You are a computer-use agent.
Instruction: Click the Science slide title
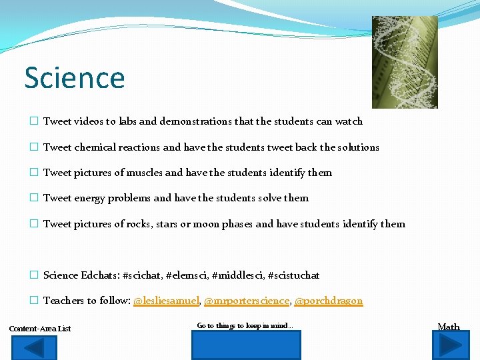(x=75, y=77)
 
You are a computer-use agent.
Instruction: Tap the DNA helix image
(x=404, y=62)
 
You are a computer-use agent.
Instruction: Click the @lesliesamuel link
(x=166, y=301)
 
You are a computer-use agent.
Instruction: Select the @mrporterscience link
(x=246, y=301)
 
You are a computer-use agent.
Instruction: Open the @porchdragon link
(x=329, y=301)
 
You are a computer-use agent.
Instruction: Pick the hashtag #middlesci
(x=234, y=275)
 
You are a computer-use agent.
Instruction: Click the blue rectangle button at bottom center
(x=246, y=345)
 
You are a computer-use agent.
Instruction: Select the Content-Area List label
(x=40, y=329)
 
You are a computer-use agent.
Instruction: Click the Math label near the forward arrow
(x=448, y=327)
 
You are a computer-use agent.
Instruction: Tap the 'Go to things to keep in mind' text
(x=245, y=326)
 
